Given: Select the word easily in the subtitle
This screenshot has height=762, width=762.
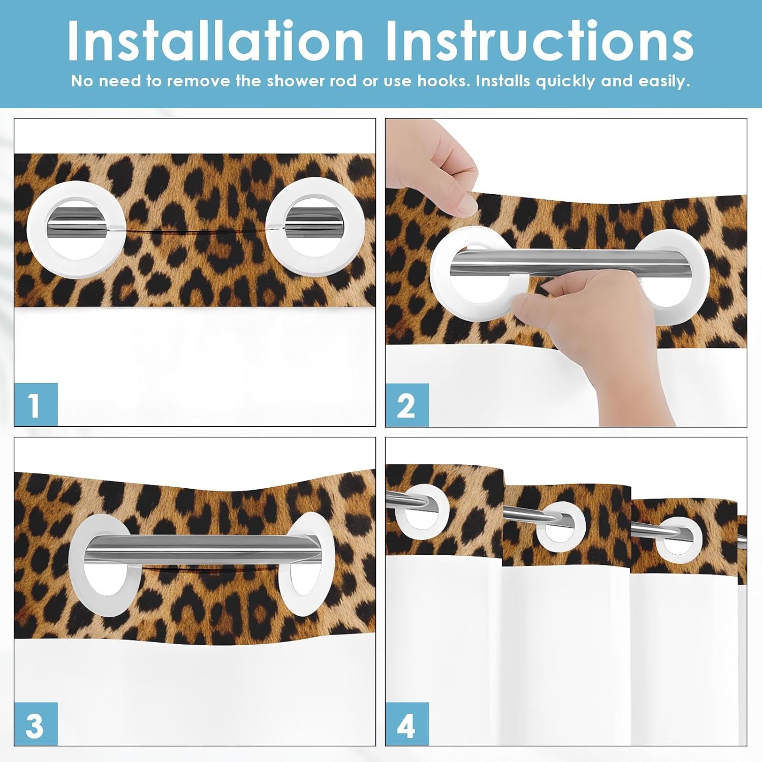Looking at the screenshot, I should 664,81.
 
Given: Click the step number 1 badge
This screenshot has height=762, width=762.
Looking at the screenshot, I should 36,405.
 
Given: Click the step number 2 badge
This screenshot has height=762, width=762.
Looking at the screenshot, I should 407,405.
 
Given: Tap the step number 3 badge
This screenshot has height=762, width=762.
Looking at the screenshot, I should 36,724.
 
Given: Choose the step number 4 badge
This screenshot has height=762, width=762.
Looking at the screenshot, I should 407,724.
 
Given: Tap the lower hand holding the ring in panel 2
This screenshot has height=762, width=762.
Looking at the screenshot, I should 599,325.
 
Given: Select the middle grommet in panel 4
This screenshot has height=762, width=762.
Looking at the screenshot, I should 561,526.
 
